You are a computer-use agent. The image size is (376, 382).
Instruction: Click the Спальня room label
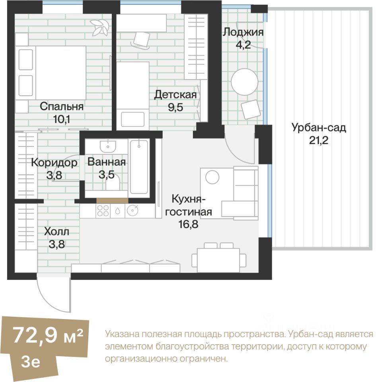coord(61,107)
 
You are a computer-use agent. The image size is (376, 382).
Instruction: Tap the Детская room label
coord(175,95)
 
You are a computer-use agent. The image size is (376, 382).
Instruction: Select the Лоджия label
coord(243,32)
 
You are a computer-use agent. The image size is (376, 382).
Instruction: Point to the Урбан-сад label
coord(318,128)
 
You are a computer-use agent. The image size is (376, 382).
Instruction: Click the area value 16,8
coord(188,224)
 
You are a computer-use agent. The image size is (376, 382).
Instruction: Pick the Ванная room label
coord(107,162)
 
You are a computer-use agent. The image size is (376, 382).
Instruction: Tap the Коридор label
coord(54,163)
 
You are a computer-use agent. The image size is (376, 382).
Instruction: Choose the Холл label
coord(56,231)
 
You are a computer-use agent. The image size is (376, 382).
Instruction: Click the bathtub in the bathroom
coord(139,167)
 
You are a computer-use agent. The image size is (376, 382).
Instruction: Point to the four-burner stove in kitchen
coord(103,210)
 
